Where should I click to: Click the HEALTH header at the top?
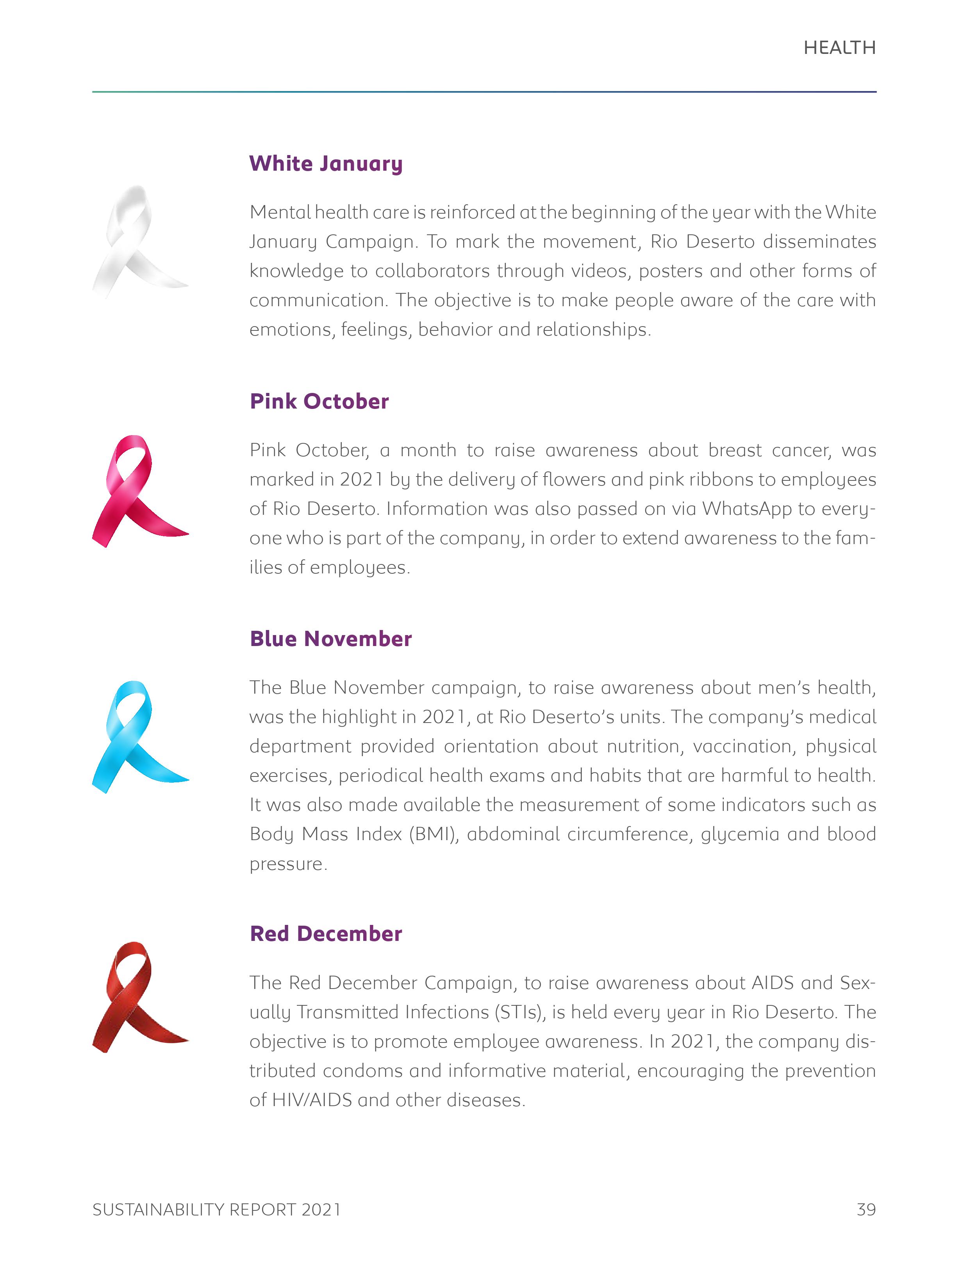point(839,48)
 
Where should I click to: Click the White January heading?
point(326,164)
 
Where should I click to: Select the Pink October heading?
point(319,402)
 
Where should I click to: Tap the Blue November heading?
point(330,639)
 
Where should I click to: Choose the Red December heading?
point(326,934)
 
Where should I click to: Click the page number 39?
point(866,1210)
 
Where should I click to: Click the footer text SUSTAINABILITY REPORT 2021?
point(216,1210)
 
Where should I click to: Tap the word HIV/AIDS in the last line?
point(311,1100)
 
